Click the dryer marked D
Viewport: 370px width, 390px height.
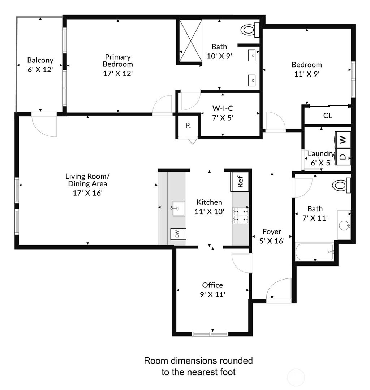pos(343,157)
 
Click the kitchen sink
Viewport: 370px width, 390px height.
pos(178,209)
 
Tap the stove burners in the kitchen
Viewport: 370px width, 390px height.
pos(240,214)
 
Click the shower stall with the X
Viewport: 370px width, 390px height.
pos(189,41)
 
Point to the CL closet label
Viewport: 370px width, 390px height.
pos(328,116)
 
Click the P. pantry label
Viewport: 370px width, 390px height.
pos(188,126)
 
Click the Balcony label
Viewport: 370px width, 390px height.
pos(40,60)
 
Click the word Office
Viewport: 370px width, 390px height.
pos(212,285)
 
